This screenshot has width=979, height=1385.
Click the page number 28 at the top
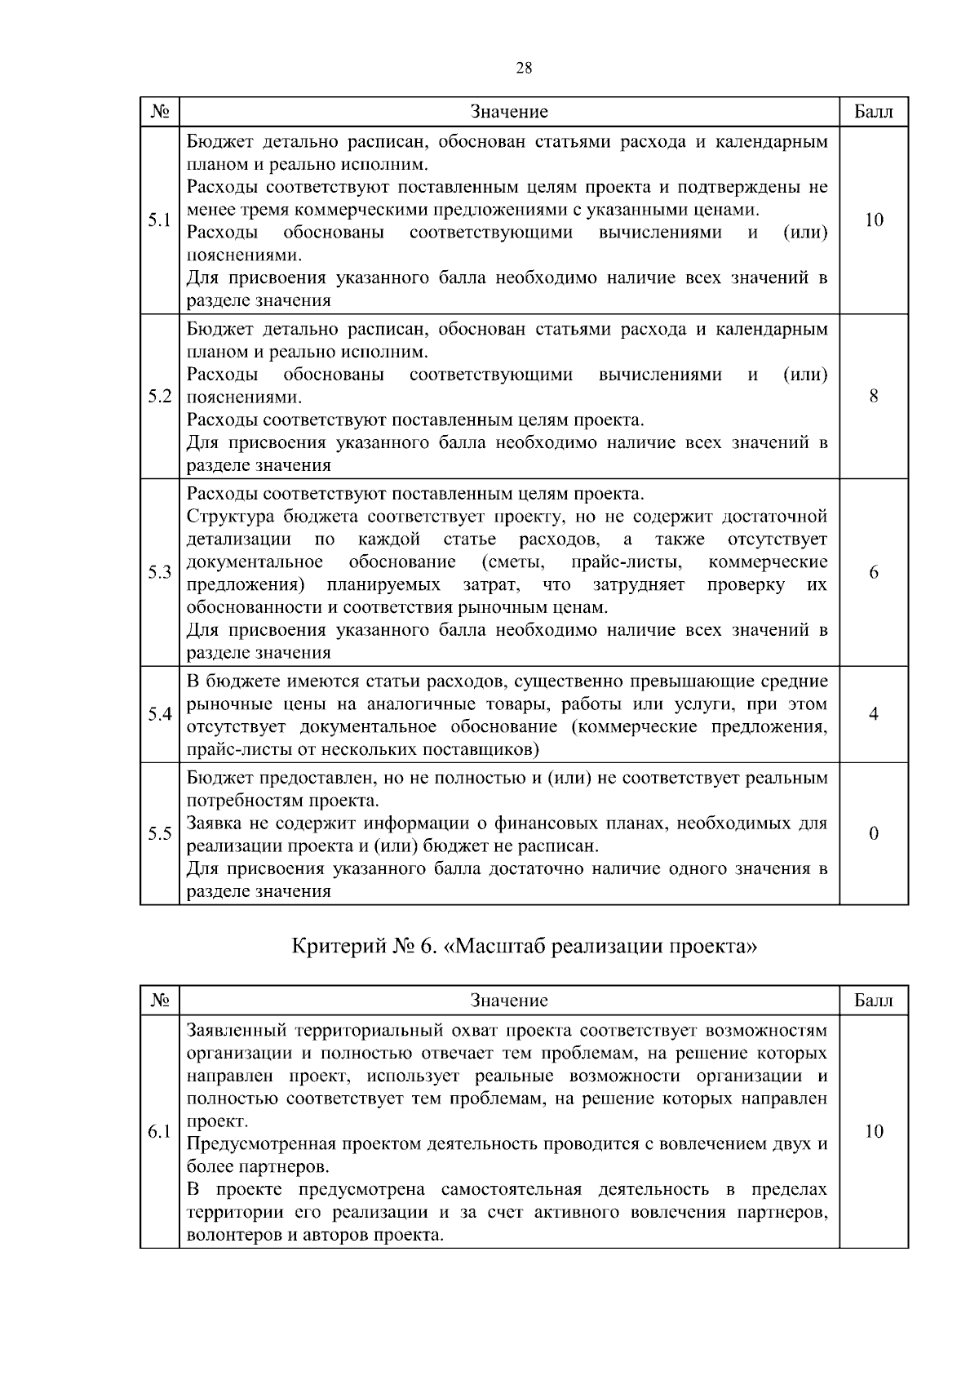pos(524,69)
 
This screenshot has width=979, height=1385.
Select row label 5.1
pos(159,220)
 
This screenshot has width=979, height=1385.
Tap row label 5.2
pos(159,397)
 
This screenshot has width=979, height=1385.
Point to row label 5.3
pos(159,572)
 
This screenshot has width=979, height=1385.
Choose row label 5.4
pos(159,714)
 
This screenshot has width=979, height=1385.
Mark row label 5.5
pos(159,833)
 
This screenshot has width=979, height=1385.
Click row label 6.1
pos(159,1131)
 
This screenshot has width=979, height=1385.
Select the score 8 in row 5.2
pos(874,397)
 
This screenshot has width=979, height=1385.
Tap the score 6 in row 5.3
pos(874,572)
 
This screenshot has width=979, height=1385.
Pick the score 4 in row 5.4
pos(874,714)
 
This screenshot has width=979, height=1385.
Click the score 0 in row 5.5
pos(874,833)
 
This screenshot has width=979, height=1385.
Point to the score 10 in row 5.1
pos(874,220)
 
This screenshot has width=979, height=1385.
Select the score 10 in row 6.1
pos(874,1131)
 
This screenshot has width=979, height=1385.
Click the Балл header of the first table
pos(874,112)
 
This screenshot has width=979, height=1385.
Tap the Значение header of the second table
pos(509,1001)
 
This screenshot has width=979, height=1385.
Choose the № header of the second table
pos(159,1001)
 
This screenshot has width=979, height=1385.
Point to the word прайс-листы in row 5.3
pos(622,562)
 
